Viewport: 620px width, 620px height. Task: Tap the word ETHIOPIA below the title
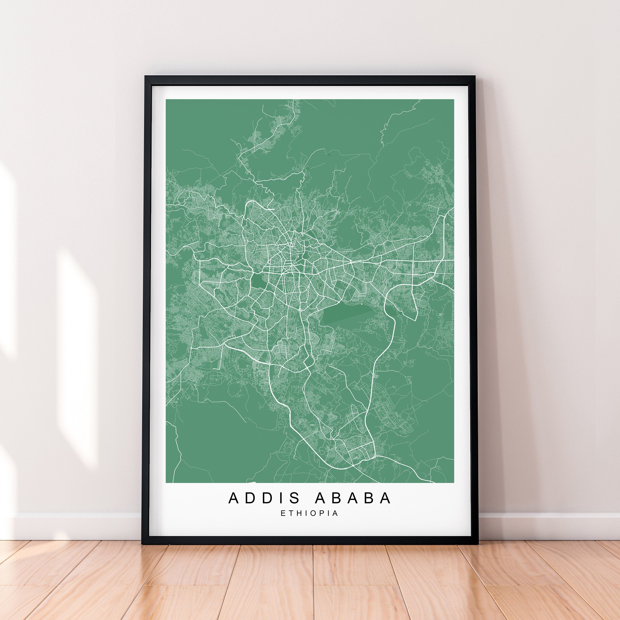(309, 513)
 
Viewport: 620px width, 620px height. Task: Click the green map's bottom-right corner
(453, 482)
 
